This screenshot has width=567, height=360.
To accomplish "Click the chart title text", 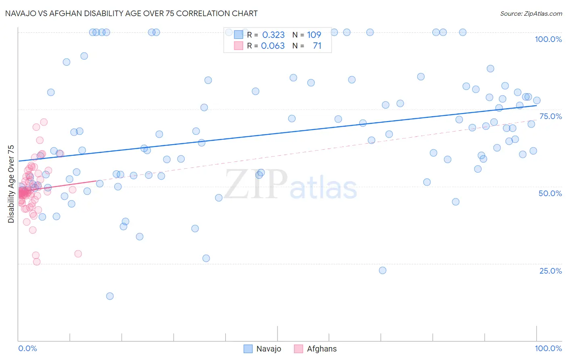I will pyautogui.click(x=131, y=13).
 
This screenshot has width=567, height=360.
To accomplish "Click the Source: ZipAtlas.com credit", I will pyautogui.click(x=531, y=13).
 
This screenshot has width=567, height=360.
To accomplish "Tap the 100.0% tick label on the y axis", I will pyautogui.click(x=548, y=39).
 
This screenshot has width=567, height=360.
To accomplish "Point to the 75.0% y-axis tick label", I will pyautogui.click(x=550, y=116).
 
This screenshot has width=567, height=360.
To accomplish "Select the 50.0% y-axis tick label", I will pyautogui.click(x=550, y=193).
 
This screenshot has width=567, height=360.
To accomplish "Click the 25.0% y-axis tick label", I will pyautogui.click(x=550, y=271).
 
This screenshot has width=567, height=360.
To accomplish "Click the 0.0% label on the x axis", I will pyautogui.click(x=27, y=348).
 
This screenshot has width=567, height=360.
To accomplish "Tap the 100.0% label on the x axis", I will pyautogui.click(x=548, y=348).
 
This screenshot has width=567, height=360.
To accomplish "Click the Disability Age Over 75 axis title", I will pyautogui.click(x=11, y=184).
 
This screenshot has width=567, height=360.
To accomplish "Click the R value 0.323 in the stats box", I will pyautogui.click(x=273, y=35).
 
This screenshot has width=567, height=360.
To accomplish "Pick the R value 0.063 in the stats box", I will pyautogui.click(x=273, y=46).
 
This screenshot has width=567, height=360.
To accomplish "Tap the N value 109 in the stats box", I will pyautogui.click(x=314, y=35).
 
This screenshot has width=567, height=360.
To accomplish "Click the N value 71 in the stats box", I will pyautogui.click(x=317, y=46).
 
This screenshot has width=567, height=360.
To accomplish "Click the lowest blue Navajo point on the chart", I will pyautogui.click(x=110, y=296).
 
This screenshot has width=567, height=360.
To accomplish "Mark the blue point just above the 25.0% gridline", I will pyautogui.click(x=206, y=258).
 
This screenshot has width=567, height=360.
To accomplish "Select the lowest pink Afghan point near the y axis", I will pyautogui.click(x=37, y=262).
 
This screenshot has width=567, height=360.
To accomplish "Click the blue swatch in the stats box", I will pyautogui.click(x=239, y=35).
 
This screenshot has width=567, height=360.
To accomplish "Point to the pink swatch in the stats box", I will pyautogui.click(x=239, y=46).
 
